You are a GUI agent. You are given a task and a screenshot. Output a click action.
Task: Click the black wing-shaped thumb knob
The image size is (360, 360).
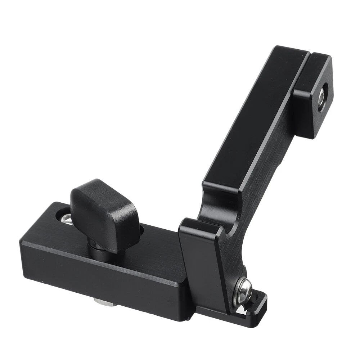pyautogui.click(x=104, y=212)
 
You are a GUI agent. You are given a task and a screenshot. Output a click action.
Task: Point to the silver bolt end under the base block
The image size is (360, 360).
pyautogui.click(x=104, y=302)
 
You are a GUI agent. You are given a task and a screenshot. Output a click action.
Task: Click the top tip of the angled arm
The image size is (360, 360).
pyautogui.click(x=288, y=49)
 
